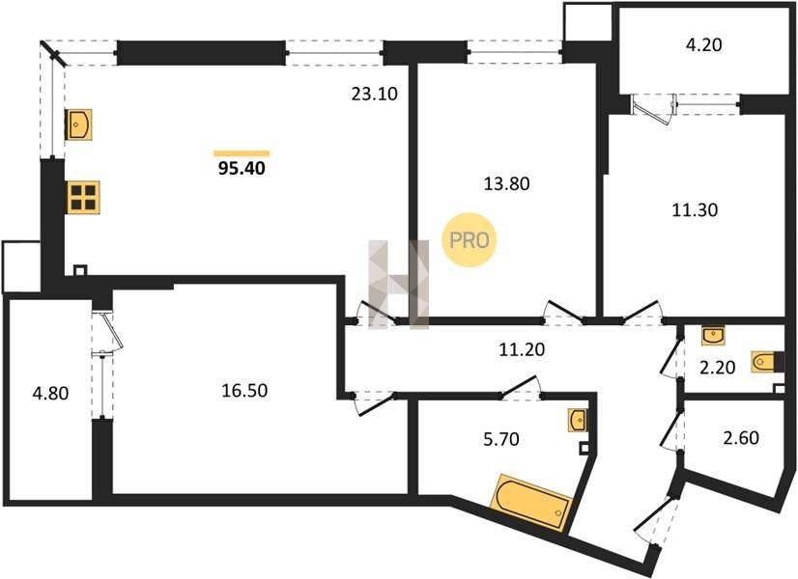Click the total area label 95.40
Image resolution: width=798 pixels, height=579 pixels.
click(242, 168)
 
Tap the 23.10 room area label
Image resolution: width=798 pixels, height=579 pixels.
click(375, 94)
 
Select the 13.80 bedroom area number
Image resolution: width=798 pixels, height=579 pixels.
click(506, 183)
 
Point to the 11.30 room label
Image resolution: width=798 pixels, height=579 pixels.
click(695, 209)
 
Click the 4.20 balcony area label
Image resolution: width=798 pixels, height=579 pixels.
click(704, 44)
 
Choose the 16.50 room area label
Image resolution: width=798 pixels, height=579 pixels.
click(244, 391)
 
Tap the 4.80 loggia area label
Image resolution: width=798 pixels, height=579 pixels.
click(50, 394)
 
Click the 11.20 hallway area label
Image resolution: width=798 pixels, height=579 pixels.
click(522, 349)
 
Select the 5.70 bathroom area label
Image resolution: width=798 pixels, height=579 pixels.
click(501, 438)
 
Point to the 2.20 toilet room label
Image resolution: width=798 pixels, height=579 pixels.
click(717, 367)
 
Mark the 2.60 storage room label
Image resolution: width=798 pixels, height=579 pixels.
click(741, 438)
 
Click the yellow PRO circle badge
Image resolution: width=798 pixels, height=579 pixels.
click(469, 240)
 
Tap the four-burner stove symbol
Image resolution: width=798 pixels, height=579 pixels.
click(82, 197)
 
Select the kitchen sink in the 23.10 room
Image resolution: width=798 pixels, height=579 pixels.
click(78, 124)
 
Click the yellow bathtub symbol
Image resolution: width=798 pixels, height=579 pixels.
click(531, 504)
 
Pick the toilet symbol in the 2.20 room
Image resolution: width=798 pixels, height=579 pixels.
click(763, 362)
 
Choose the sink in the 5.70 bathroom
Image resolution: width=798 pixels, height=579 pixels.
click(578, 421)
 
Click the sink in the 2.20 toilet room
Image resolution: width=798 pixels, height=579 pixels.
click(714, 336)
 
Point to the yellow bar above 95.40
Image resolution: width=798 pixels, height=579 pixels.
click(242, 153)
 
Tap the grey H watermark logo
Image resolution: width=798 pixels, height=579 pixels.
click(399, 285)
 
